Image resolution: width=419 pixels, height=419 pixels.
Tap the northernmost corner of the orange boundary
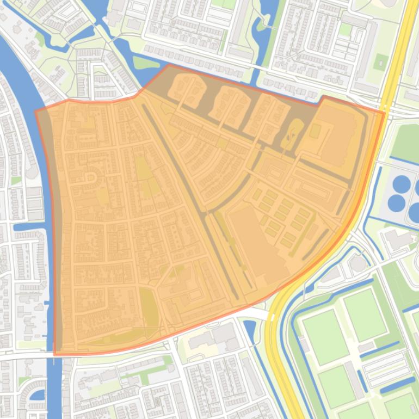[x=169, y=65]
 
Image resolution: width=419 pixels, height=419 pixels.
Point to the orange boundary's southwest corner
[x=55, y=354]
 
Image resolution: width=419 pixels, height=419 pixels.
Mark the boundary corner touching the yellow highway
[x=384, y=113]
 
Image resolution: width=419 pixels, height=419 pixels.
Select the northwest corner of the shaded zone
[x=36, y=111]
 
